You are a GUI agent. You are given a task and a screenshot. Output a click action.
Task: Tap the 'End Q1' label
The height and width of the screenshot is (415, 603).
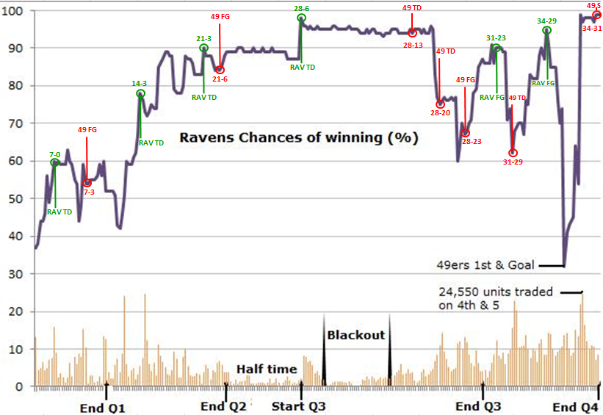coord(103,407)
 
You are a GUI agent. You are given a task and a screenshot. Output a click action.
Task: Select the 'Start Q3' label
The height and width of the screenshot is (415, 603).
coord(299,407)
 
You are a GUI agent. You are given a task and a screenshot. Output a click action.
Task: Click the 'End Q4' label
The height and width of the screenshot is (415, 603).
coord(575,407)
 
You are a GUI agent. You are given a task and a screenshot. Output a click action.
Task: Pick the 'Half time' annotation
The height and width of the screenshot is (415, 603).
coord(266,369)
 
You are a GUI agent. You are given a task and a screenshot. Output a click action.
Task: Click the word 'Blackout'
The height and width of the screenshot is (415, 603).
coord(356,335)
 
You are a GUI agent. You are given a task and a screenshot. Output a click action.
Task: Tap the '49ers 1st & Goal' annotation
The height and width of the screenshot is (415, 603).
coord(482,265)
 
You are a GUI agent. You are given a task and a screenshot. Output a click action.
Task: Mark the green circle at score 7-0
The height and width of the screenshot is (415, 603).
coord(55,163)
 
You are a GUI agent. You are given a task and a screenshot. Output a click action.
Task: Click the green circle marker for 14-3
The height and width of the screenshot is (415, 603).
coord(140,93)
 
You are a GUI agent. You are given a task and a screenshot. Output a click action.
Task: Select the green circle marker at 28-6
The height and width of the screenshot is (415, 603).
coord(302,18)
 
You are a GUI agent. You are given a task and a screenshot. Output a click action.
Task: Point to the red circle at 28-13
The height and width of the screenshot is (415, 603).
coord(412,32)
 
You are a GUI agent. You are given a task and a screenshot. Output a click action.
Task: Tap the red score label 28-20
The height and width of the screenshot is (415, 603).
coord(441,113)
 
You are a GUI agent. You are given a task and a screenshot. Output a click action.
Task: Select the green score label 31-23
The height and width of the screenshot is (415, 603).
coord(497,37)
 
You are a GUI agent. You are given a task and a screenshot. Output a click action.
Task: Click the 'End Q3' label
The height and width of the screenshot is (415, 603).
coord(478,407)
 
